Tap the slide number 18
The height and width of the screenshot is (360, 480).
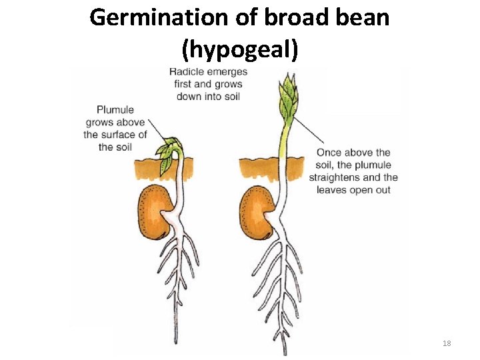point(447,343)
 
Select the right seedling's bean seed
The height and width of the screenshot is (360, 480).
point(257,212)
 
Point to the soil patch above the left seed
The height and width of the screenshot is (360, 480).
point(148,167)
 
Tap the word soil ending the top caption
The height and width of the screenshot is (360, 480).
point(232,96)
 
